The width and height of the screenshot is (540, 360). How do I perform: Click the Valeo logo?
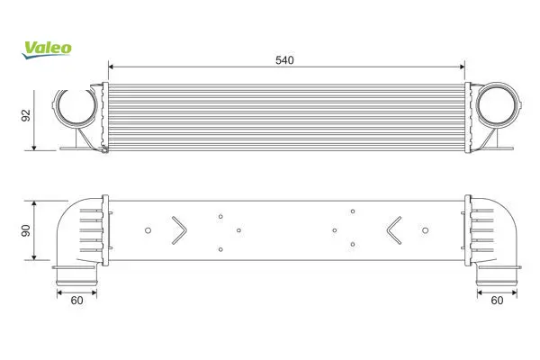tap(47, 49)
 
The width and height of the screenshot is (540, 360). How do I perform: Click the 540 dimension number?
tap(284, 60)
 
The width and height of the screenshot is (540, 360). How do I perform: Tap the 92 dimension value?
tap(26, 115)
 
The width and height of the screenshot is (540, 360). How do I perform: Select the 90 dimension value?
tap(26, 230)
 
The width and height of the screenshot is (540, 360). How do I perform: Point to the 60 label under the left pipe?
tap(76, 301)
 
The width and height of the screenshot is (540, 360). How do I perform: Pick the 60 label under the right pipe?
tap(497, 301)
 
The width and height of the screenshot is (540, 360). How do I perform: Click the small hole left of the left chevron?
tap(148, 230)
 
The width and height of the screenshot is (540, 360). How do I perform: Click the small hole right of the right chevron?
tap(426, 230)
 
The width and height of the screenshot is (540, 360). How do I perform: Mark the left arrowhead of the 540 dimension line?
tap(111, 67)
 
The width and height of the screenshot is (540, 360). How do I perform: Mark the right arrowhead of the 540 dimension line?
tap(463, 67)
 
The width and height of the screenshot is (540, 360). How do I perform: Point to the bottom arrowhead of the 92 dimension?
tap(34, 148)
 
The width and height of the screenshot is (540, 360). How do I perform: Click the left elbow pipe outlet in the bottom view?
tap(76, 276)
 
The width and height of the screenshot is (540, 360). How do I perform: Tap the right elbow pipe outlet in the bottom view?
tap(497, 276)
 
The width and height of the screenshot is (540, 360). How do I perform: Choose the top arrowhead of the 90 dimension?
tap(34, 203)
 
